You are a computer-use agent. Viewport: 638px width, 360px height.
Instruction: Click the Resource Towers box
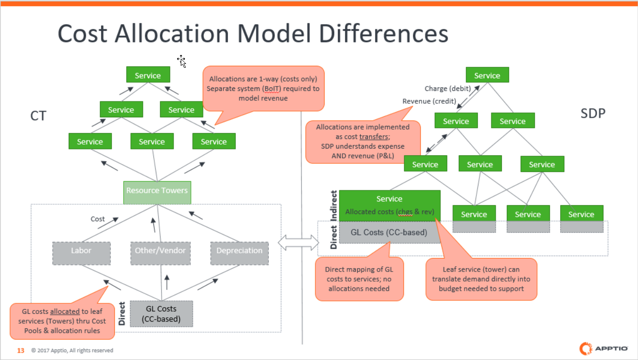tap(157, 191)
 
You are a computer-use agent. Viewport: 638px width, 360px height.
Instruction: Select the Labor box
tap(81, 251)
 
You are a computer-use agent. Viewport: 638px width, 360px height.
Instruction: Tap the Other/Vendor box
tap(161, 251)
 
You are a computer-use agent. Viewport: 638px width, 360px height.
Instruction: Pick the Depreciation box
tap(239, 251)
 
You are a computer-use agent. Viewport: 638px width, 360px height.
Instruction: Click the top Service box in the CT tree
tap(148, 75)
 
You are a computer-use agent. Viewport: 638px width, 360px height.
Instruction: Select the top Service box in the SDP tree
tap(487, 75)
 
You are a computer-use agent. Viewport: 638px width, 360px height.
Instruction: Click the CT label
tap(38, 116)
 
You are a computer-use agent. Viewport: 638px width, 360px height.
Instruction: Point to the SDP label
tap(593, 114)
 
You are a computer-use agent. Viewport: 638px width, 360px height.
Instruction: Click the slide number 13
tap(21, 350)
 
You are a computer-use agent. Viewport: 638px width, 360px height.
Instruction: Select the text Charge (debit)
tap(447, 88)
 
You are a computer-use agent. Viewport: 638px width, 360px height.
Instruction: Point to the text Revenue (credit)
tap(429, 101)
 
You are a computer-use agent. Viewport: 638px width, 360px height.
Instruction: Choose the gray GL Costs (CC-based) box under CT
tap(161, 313)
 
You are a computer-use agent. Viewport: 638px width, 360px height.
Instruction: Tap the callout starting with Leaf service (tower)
tap(481, 279)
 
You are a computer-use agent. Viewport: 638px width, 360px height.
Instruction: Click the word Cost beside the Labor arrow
tap(98, 219)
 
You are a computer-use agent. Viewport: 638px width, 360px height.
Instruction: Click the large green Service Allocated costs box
tap(389, 205)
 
